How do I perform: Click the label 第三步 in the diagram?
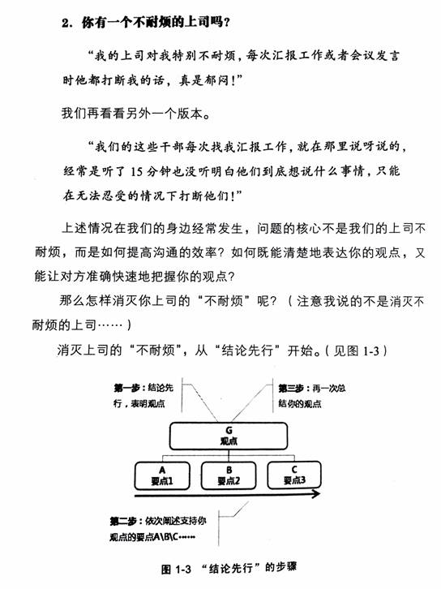pyautogui.click(x=293, y=387)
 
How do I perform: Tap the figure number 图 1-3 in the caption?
pyautogui.click(x=177, y=564)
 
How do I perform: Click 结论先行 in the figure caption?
pyautogui.click(x=232, y=564)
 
